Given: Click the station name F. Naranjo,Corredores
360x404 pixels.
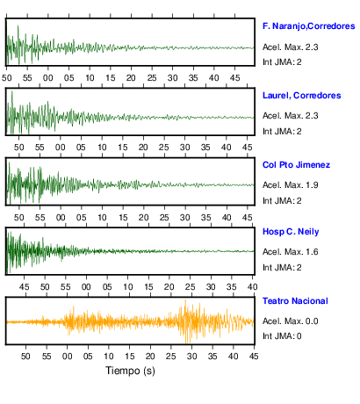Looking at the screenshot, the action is (x=309, y=26).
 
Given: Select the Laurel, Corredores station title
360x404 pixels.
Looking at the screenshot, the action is (x=302, y=96).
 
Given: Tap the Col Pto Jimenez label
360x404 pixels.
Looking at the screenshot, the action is (x=296, y=165).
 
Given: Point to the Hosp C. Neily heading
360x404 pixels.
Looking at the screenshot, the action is (x=291, y=232).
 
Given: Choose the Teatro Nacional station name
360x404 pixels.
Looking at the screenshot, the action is (x=295, y=301).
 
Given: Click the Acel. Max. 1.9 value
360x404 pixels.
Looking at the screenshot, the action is (x=291, y=185).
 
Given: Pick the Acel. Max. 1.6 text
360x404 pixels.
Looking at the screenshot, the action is (x=291, y=252).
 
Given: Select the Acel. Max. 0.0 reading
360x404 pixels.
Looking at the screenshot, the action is (x=291, y=321).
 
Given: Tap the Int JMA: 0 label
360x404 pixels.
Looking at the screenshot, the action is (x=282, y=335).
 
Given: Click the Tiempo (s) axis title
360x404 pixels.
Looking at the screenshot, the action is (x=130, y=371).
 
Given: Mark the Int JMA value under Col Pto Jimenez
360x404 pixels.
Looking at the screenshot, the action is (x=282, y=201).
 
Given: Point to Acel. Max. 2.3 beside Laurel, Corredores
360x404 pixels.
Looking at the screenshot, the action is (x=291, y=116).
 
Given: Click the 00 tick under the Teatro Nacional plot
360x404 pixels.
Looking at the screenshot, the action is (x=68, y=357).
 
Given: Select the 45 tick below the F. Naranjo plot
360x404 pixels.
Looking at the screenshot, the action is (x=234, y=78).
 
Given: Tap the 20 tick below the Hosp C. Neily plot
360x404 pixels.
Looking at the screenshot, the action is (x=169, y=287).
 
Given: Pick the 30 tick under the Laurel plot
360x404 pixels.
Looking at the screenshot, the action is (x=184, y=148).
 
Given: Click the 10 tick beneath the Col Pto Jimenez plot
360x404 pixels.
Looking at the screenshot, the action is (x=102, y=218).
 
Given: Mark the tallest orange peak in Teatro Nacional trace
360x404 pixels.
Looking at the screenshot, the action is (x=185, y=300).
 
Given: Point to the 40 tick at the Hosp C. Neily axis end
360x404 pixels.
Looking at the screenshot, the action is (x=253, y=287).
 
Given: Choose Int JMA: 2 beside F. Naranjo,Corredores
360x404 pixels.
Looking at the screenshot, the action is (x=282, y=62).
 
